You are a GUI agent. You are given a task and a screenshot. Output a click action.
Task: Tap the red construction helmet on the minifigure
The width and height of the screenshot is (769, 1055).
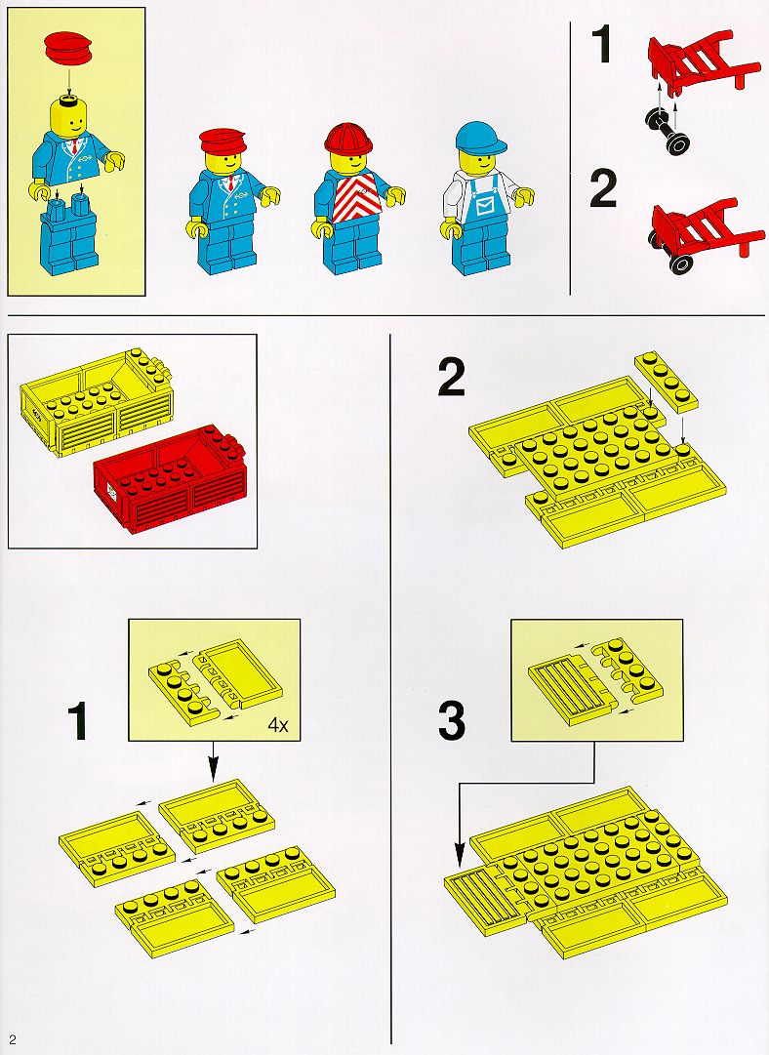[347, 140]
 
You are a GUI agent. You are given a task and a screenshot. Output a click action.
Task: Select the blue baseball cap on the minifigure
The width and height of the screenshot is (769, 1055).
[479, 138]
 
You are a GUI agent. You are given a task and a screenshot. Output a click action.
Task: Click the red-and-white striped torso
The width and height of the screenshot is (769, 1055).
[354, 196]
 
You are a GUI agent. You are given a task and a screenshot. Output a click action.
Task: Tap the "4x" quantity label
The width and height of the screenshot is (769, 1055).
[278, 724]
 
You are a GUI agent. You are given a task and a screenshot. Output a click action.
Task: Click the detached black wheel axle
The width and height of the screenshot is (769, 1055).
[668, 130]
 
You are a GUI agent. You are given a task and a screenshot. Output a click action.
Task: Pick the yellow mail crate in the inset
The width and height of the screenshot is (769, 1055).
[96, 402]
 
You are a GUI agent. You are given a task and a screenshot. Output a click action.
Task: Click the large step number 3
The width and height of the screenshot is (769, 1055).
[452, 720]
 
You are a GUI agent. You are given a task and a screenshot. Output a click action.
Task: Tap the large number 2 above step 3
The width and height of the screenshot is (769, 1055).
[452, 378]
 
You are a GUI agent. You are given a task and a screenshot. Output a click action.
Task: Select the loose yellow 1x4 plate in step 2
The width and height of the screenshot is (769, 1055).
[667, 381]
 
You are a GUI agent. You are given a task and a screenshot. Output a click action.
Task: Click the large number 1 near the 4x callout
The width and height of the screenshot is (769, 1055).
[78, 720]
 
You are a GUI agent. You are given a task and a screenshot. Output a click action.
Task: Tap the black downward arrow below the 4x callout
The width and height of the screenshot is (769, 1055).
[214, 761]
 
